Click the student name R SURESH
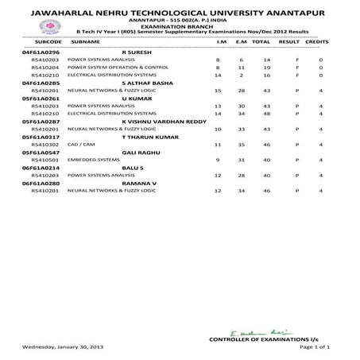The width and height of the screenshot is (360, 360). (141, 50)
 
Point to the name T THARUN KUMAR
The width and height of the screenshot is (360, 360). (143, 137)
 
